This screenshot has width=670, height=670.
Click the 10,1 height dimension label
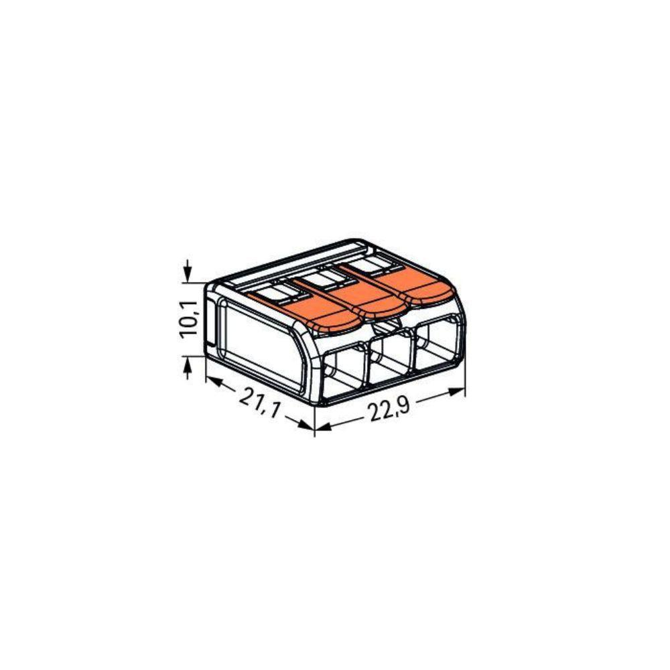pos(189,320)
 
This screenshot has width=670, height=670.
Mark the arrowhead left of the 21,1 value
pos(213,382)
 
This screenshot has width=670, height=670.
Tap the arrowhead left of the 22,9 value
pos(323,426)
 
